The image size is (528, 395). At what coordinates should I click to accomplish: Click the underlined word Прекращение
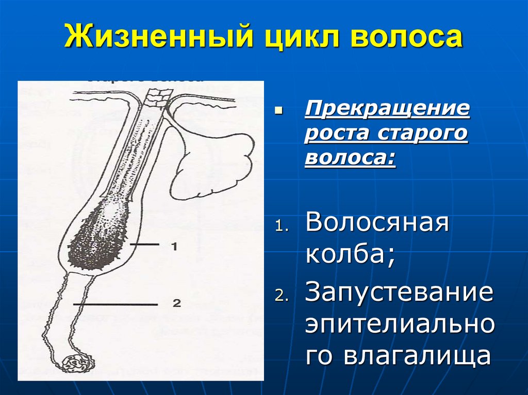pyautogui.click(x=387, y=110)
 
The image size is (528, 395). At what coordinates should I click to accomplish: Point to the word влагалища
pyautogui.click(x=398, y=356)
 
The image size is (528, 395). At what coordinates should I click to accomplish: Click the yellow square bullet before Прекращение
pyautogui.click(x=279, y=110)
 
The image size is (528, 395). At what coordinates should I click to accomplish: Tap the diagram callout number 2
pyautogui.click(x=176, y=303)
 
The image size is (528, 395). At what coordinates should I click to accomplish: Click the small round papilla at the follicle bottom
pyautogui.click(x=76, y=364)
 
